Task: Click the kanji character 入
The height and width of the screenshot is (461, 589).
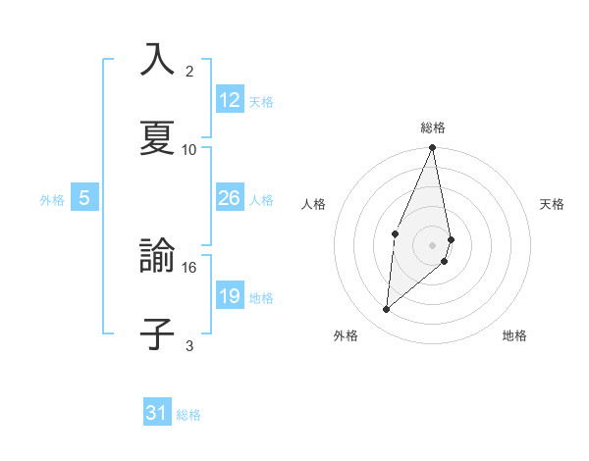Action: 157,60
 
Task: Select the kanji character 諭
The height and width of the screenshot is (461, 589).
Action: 157,256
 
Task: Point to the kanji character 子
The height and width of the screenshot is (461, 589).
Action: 157,333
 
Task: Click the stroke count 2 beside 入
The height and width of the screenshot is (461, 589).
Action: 189,72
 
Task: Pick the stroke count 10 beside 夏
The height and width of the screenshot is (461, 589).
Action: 189,149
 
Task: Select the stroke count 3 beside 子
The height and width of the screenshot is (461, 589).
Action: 189,345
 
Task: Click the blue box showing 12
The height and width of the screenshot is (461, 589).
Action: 230,100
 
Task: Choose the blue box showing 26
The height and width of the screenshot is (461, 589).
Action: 230,198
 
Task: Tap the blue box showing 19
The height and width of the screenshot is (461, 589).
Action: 230,296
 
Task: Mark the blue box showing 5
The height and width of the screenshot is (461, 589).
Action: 84,198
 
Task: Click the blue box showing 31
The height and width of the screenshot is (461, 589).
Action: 157,413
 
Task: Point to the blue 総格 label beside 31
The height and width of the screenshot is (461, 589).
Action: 188,415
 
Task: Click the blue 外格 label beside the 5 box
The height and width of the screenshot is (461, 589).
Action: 52,200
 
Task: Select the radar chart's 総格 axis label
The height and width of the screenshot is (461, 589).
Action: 433,128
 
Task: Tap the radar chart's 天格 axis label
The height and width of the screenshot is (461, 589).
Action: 553,204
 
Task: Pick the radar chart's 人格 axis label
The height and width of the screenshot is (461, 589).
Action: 314,204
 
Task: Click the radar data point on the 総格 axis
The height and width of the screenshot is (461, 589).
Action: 433,148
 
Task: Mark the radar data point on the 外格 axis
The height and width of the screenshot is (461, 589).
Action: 387,310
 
